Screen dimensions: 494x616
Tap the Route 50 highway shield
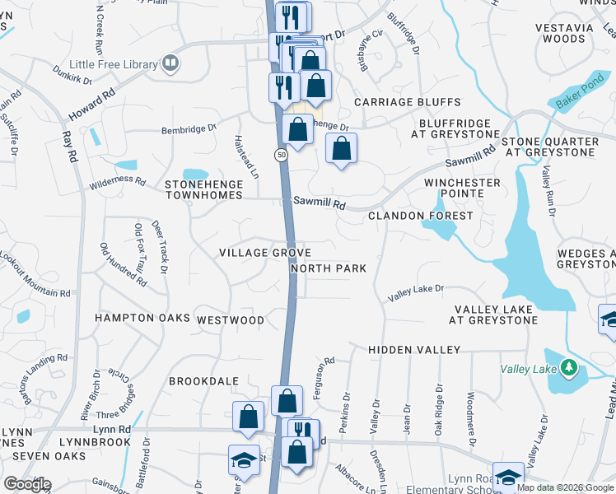[281, 156]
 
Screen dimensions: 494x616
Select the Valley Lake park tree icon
[569, 366]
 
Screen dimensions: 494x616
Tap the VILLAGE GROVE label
[264, 253]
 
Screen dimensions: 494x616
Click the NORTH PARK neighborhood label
[328, 268]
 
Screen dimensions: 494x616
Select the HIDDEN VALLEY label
[414, 350]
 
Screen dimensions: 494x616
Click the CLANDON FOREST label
[420, 216]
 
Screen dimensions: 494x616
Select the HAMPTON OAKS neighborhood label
[142, 318]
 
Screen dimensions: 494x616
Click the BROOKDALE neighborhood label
[203, 381]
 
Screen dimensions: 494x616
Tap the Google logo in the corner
[27, 483]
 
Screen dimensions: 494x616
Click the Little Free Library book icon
[170, 63]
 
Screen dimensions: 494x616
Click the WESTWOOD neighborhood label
[231, 319]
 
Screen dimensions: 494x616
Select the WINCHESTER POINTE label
[462, 188]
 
